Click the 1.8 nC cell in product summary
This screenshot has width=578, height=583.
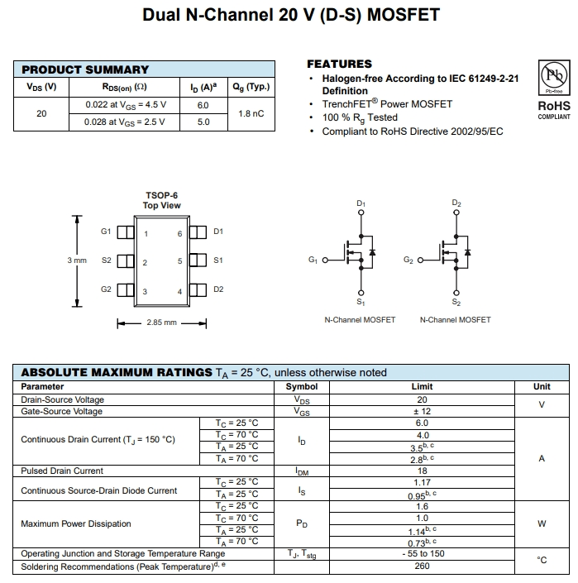(250, 113)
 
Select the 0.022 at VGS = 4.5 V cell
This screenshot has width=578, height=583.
(126, 105)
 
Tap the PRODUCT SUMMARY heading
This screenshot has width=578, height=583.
(85, 69)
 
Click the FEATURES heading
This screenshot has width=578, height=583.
(339, 64)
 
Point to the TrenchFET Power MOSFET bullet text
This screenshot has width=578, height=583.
(387, 104)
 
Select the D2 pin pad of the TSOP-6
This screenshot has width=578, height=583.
(198, 289)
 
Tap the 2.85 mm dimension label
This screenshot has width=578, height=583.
(161, 323)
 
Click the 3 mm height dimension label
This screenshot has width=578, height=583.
(77, 260)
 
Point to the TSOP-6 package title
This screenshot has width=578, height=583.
(161, 196)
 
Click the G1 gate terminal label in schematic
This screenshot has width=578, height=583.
(313, 260)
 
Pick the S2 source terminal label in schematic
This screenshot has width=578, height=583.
(456, 303)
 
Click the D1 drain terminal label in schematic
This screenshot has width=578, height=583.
(361, 203)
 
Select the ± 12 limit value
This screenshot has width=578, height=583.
(422, 411)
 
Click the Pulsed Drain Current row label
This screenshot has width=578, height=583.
(62, 471)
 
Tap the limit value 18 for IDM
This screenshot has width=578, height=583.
(422, 471)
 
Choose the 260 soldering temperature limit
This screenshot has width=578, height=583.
(422, 566)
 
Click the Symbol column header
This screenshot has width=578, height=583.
(302, 386)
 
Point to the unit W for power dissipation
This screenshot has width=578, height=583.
(542, 523)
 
